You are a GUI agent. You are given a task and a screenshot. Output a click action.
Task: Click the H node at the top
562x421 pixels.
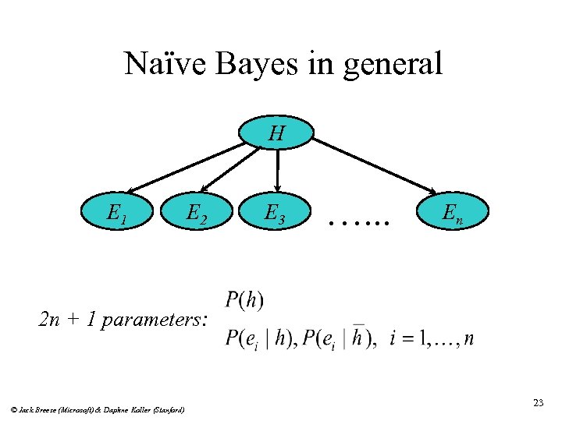pyautogui.click(x=276, y=133)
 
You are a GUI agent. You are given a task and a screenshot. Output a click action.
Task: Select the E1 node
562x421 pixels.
pyautogui.click(x=119, y=212)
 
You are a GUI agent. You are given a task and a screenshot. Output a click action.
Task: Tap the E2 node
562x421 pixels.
pyautogui.click(x=196, y=212)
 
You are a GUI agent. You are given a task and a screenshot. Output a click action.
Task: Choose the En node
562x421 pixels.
pyautogui.click(x=452, y=212)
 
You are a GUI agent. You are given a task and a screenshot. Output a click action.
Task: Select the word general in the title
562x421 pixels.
pyautogui.click(x=389, y=64)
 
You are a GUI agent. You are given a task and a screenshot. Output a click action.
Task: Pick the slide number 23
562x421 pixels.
pyautogui.click(x=538, y=402)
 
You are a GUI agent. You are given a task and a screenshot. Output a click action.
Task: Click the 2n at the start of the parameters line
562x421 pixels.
pyautogui.click(x=49, y=319)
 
